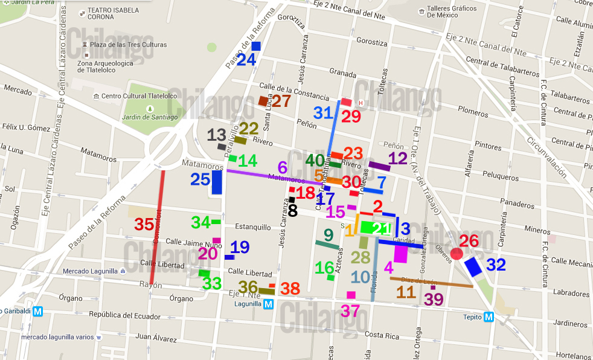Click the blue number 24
pos(246,60)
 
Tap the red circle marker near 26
pos(457,253)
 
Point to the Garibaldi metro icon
pos(38,312)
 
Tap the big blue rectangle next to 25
pos(217,182)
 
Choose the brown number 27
pos(281,101)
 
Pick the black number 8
pos(293,210)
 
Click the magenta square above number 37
pos(351,295)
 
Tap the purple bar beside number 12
pos(379,166)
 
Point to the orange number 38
pos(290,289)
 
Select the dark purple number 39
pos(434,300)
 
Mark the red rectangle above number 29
pos(346,101)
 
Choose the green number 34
pos(200,222)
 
